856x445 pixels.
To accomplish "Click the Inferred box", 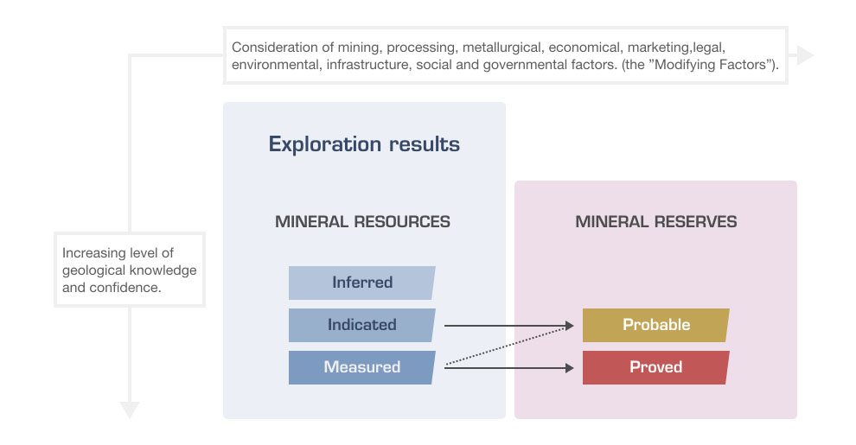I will click(361, 283).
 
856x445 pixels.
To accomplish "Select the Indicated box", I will click(361, 325).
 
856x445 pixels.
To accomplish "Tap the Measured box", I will click(361, 367).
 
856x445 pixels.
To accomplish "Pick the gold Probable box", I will click(655, 325).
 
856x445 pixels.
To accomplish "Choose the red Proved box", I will click(655, 367).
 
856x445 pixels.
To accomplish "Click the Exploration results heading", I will click(364, 143).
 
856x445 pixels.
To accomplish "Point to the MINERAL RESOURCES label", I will click(362, 222).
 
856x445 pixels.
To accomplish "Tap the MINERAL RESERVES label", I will click(656, 222).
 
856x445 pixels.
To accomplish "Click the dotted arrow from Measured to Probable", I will click(510, 346).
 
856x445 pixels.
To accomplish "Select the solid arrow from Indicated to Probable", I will click(510, 326).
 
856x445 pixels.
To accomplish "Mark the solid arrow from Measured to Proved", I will click(510, 368).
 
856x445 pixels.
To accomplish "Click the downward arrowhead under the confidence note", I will click(130, 409).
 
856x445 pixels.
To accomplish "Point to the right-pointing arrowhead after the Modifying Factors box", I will click(805, 55).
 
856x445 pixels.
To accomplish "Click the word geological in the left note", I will click(93, 270).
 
